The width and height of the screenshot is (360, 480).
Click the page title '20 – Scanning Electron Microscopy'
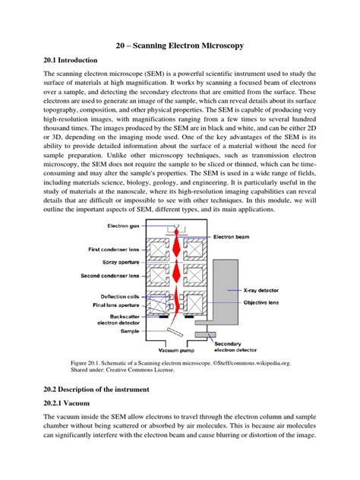[x=180, y=46]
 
